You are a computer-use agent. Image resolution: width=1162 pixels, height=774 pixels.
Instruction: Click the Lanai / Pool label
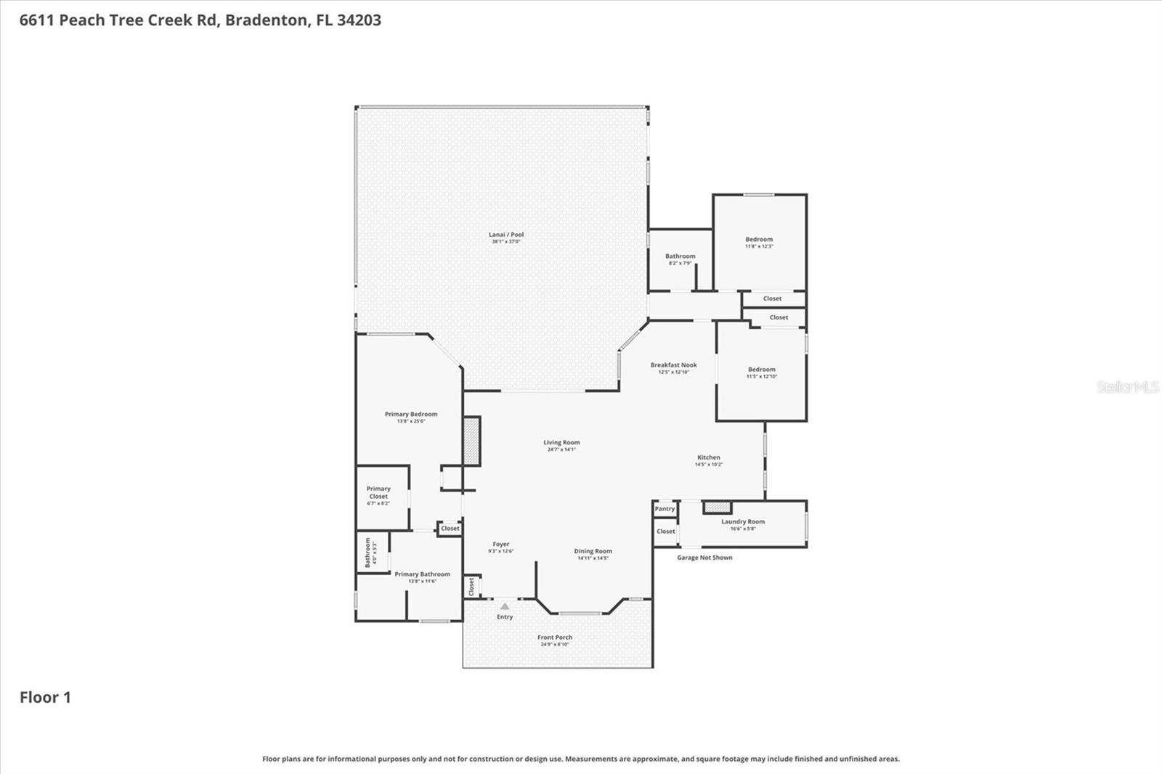coord(506,235)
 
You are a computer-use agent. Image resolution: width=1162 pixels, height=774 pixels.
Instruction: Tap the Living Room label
coord(561,442)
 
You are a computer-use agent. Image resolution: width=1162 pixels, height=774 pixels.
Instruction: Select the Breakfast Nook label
coord(673,365)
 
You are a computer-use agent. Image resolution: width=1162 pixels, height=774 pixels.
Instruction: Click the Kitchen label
coord(709,457)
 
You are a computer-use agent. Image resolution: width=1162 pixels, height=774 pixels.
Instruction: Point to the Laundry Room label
coord(742,521)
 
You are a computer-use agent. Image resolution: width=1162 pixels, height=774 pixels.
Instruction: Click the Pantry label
coord(665,509)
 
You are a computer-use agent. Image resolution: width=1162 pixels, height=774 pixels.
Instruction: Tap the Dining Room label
coord(593,551)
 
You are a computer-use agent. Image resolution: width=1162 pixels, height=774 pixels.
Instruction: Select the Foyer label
coord(500,544)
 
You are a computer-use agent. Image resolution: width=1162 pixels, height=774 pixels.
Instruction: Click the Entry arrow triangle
coord(505,606)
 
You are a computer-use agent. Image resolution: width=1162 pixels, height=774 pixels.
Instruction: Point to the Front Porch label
coord(555,637)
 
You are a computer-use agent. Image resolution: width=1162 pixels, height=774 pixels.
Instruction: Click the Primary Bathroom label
coord(422,574)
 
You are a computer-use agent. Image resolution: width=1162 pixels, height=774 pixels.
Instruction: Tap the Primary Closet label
coord(378,492)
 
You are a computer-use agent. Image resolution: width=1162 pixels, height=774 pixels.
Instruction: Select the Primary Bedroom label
coord(411,414)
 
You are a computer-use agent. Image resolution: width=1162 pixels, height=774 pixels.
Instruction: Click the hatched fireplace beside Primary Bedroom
coord(472,441)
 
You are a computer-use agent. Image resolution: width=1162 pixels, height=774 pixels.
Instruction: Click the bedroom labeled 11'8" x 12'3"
coord(759,240)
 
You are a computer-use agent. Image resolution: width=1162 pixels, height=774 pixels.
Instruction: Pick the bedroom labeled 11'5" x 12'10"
coord(762,370)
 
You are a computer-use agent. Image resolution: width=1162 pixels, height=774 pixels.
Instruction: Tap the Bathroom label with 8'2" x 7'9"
coord(680,256)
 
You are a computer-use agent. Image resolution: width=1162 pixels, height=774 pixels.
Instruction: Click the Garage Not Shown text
coord(704,558)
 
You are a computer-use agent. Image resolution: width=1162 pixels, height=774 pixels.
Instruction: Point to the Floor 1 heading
coord(45,697)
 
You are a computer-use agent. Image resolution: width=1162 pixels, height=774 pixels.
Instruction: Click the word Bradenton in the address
coord(266,20)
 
